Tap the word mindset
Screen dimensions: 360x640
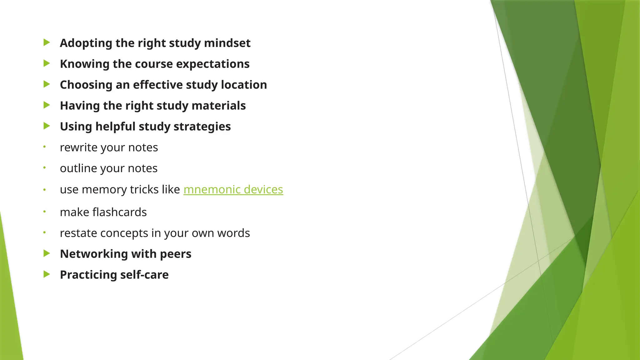227,43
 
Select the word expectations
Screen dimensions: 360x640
213,64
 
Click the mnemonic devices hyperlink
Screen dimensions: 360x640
233,189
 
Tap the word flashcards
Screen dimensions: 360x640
119,212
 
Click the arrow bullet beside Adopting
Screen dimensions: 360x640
47,42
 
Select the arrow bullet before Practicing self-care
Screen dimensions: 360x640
47,274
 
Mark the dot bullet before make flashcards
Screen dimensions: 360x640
45,212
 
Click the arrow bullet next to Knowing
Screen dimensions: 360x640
47,63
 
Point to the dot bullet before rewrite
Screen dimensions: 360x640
45,147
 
